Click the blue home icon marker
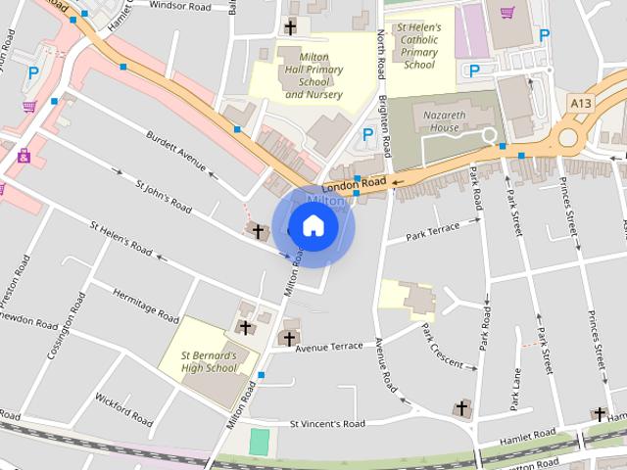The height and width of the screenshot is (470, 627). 313,226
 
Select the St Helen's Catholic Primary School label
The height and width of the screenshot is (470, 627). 419,45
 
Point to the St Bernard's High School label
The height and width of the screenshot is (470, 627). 209,361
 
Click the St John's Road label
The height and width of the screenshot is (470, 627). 163,195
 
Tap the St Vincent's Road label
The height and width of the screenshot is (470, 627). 326,424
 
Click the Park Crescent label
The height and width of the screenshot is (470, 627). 442,347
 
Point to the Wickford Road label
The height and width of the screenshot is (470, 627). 123,410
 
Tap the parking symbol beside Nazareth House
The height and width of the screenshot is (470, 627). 368,134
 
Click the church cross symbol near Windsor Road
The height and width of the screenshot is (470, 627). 290,26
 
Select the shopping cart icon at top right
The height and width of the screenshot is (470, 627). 507,13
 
